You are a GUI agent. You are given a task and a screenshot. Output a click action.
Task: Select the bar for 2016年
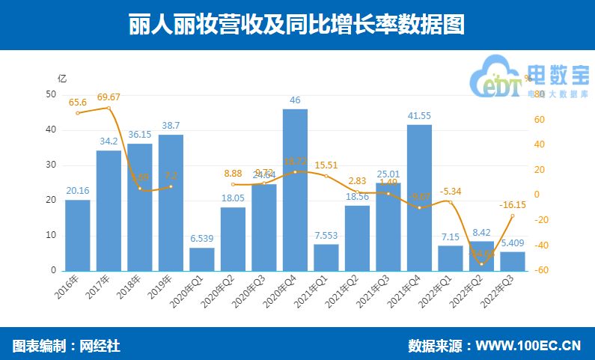tap(77, 235)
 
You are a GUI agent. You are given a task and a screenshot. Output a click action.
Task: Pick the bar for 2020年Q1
tap(201, 259)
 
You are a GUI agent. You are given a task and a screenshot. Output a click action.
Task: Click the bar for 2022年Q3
tap(513, 261)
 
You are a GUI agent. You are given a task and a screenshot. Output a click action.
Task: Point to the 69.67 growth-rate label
tap(109, 97)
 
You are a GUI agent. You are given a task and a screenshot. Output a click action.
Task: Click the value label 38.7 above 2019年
tap(171, 126)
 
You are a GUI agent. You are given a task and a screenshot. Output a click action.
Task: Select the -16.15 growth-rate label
tap(513, 204)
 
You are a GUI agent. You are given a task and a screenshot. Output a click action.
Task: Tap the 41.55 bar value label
tap(419, 115)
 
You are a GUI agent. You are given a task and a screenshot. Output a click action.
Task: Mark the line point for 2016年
tap(77, 113)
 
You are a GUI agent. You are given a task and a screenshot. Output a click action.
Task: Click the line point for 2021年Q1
tap(326, 176)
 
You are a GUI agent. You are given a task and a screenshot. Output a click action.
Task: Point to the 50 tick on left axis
tap(51, 94)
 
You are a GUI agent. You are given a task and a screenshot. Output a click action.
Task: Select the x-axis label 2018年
tap(130, 287)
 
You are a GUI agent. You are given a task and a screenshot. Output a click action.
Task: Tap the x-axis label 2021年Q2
tap(347, 292)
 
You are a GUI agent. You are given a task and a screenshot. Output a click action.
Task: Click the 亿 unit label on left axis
tap(62, 78)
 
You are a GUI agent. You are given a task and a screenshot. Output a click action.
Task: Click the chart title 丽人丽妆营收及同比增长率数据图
tap(297, 25)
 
